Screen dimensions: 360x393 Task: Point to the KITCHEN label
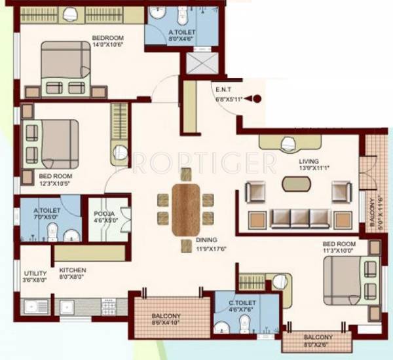(x=73, y=270)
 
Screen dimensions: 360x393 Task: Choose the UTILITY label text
(x=33, y=274)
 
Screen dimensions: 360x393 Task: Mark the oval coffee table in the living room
(x=297, y=183)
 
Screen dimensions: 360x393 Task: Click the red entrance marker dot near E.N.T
(x=257, y=99)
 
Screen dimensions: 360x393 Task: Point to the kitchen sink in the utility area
(x=34, y=305)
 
